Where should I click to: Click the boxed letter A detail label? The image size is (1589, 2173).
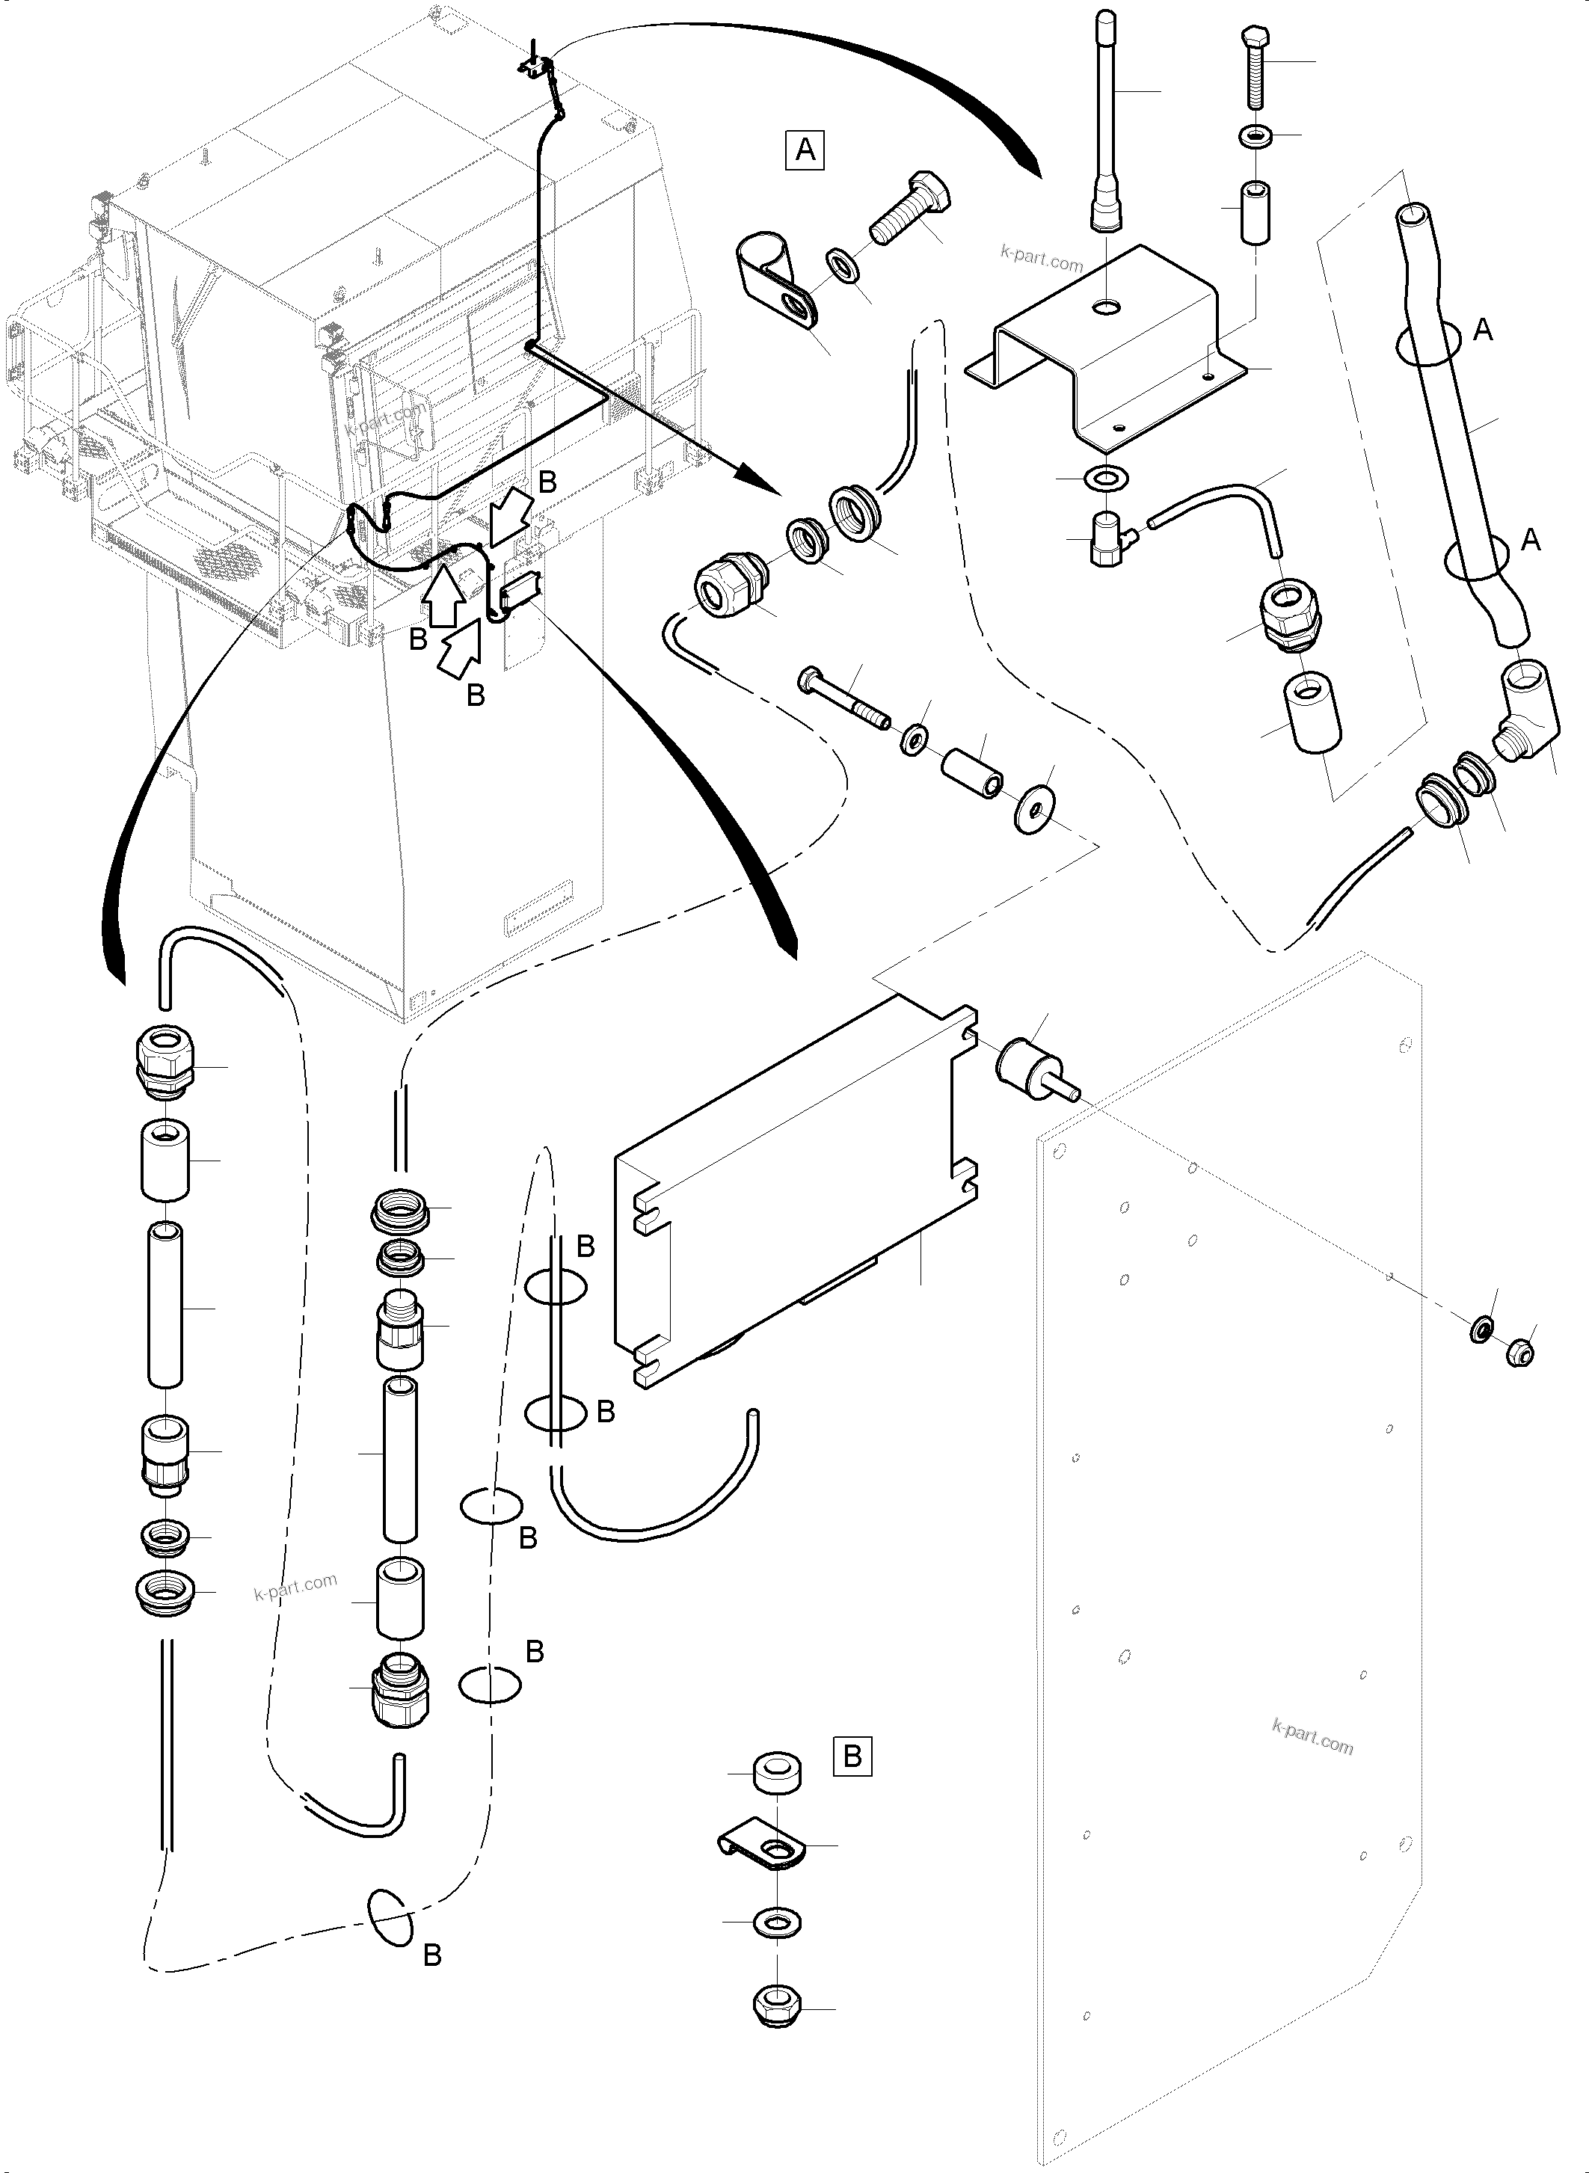coord(805,150)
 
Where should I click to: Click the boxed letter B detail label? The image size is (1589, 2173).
coord(851,1756)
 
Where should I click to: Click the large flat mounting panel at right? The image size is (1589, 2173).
coord(1231,1588)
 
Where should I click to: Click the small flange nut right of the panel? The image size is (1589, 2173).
coord(1519,1351)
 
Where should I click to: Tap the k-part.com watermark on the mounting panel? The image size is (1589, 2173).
coord(1312,1736)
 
